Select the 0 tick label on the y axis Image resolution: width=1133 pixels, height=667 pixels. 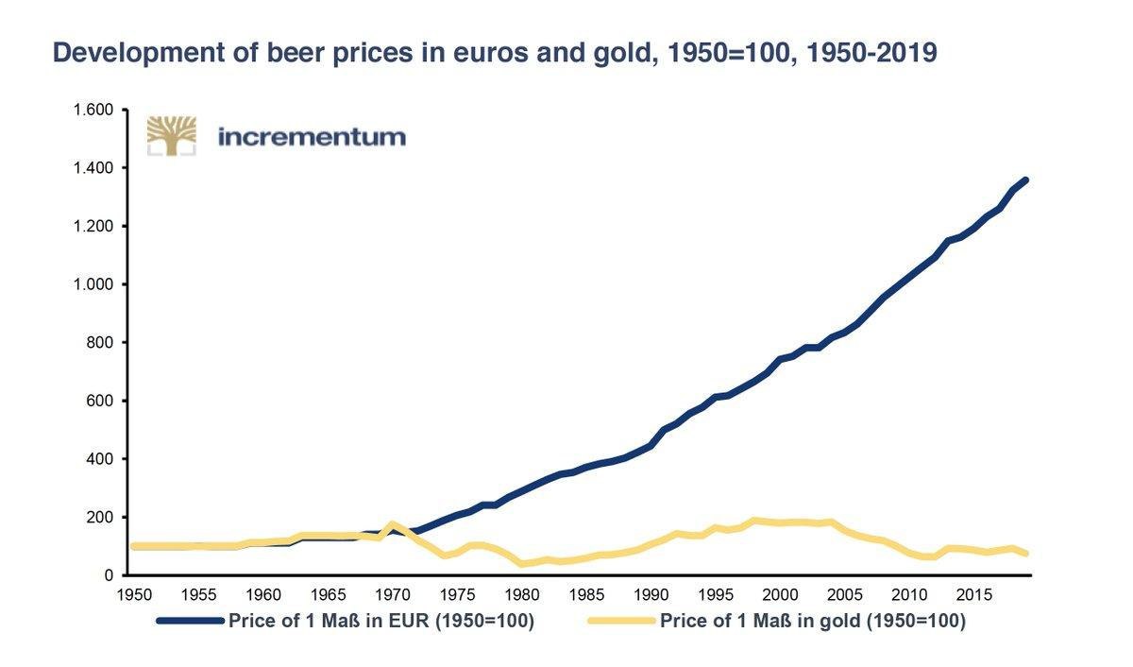pos(109,575)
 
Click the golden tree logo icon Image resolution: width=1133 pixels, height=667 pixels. pos(171,135)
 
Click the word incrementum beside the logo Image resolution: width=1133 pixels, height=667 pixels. pos(312,137)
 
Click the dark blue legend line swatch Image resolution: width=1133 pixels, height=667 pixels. pos(190,621)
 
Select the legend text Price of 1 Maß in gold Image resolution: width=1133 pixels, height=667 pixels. pos(812,621)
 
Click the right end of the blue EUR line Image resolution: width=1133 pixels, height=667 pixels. pos(1025,180)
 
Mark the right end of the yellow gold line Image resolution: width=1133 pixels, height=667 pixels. pos(1025,554)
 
